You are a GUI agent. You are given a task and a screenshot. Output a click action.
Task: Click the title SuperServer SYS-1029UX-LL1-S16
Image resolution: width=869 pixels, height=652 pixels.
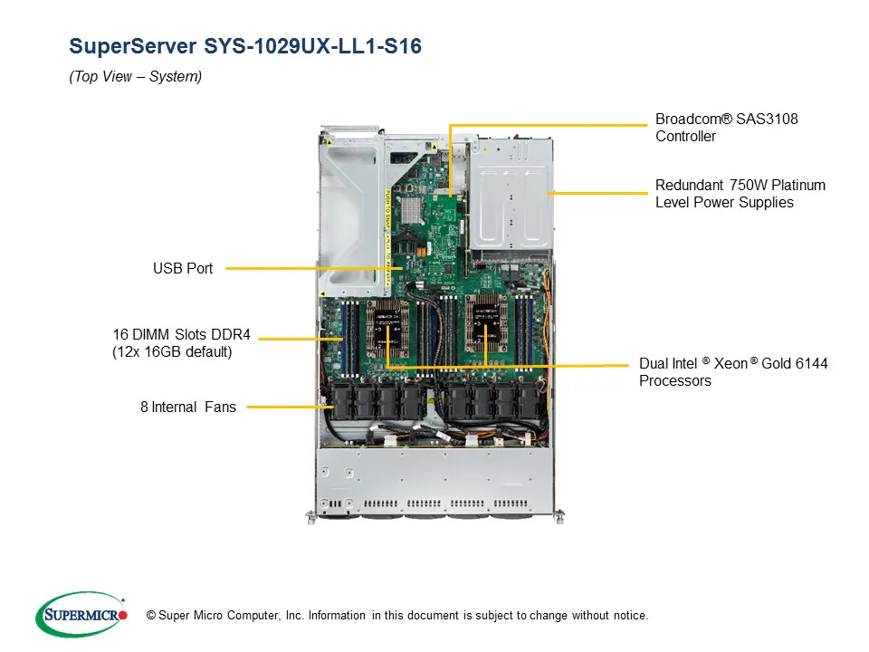click(x=245, y=46)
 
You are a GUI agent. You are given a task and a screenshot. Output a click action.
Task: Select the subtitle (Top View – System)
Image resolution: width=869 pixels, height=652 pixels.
click(x=135, y=77)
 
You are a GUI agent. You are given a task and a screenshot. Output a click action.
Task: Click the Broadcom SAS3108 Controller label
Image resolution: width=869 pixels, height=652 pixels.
click(x=726, y=128)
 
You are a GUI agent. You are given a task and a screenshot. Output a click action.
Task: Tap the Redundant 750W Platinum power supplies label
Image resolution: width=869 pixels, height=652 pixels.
click(x=740, y=194)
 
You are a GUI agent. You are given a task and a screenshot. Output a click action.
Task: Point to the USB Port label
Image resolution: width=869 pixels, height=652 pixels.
click(x=183, y=268)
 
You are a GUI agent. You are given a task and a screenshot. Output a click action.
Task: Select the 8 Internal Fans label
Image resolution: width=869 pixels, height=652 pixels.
click(x=187, y=407)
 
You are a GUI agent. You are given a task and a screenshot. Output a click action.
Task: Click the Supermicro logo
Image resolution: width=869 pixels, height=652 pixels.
click(x=81, y=615)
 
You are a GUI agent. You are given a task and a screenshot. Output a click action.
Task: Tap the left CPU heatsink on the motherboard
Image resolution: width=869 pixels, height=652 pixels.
click(x=390, y=325)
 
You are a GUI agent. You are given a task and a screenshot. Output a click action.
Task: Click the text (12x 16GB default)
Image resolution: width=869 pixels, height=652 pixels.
click(x=172, y=351)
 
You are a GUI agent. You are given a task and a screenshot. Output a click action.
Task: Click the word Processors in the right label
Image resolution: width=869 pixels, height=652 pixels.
click(x=674, y=380)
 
